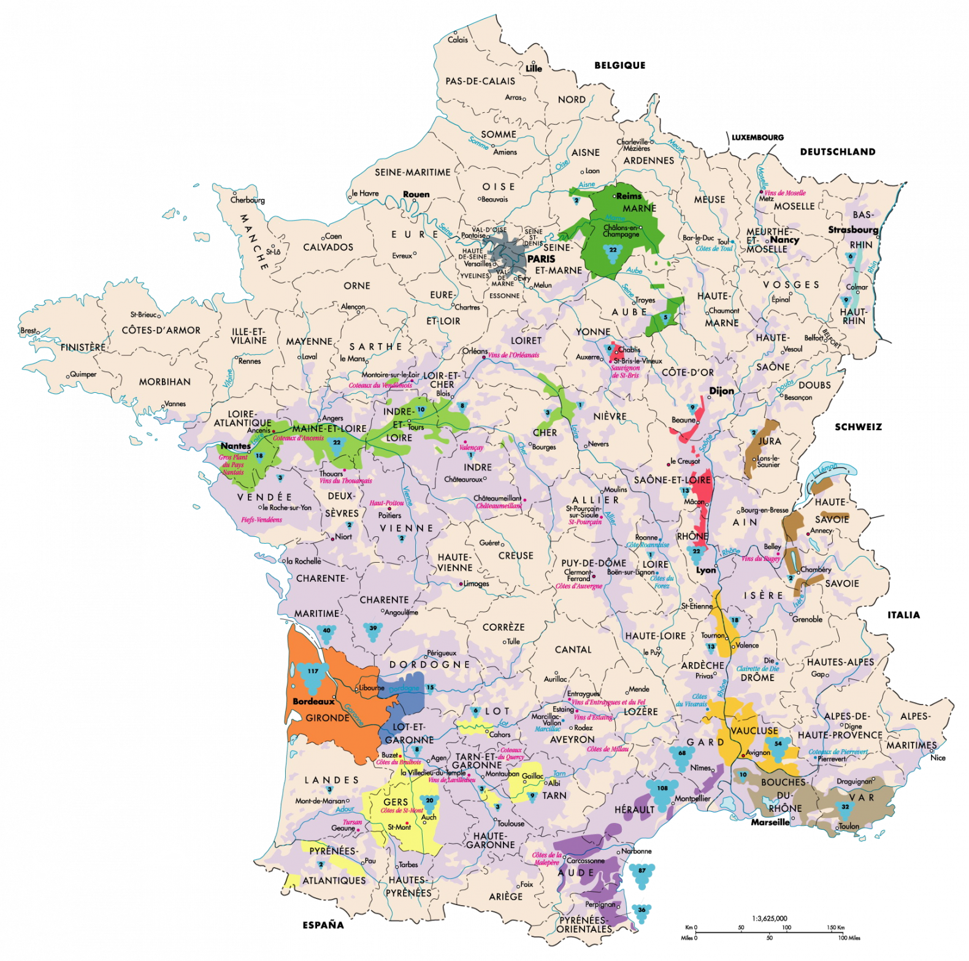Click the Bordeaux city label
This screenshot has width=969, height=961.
click(x=313, y=701)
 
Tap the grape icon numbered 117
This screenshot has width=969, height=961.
click(x=313, y=672)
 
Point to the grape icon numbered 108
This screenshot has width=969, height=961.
click(x=662, y=790)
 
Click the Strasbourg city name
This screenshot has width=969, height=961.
click(x=853, y=230)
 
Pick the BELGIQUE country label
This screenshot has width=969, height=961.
click(x=619, y=65)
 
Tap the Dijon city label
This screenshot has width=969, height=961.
click(x=721, y=391)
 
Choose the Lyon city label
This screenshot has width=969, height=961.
click(x=706, y=570)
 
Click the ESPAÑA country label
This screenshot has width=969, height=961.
click(x=323, y=925)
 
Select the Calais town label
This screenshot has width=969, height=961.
click(x=458, y=40)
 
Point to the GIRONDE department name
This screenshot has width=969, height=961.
click(x=327, y=718)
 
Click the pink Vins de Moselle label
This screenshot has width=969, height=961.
click(x=785, y=193)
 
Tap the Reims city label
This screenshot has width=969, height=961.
click(x=629, y=196)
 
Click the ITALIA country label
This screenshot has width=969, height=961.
click(x=903, y=615)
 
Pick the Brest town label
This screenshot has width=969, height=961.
click(x=28, y=331)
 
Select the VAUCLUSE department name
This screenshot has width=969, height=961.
click(x=754, y=731)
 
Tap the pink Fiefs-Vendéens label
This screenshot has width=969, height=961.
click(x=261, y=520)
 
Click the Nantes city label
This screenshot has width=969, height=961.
click(x=236, y=446)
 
